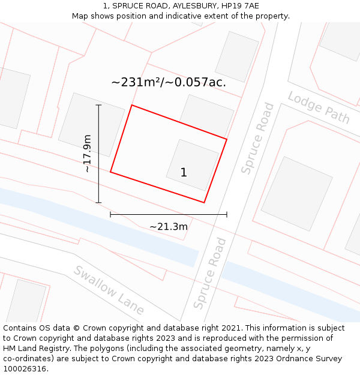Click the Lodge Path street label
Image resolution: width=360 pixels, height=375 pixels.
pyautogui.click(x=319, y=107)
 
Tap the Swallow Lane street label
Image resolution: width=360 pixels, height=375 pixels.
pyautogui.click(x=109, y=290)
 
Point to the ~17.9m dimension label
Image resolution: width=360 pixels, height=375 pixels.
pyautogui.click(x=87, y=154)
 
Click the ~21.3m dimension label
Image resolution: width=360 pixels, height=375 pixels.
pyautogui.click(x=169, y=226)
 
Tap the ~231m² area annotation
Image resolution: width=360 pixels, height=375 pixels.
pyautogui.click(x=169, y=82)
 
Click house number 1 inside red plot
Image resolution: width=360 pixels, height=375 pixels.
pyautogui.click(x=184, y=173)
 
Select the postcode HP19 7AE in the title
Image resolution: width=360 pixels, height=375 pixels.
pyautogui.click(x=240, y=5)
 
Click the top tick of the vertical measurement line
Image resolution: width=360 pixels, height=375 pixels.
pyautogui.click(x=98, y=105)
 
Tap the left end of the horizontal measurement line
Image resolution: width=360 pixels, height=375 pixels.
pyautogui.click(x=110, y=214)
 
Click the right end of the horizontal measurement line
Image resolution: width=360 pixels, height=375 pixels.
pyautogui.click(x=227, y=214)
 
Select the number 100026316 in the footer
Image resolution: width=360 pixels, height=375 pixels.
pyautogui.click(x=25, y=368)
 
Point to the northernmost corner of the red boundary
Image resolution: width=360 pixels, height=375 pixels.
pyautogui.click(x=132, y=106)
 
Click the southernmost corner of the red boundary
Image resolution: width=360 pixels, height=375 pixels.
pyautogui.click(x=204, y=202)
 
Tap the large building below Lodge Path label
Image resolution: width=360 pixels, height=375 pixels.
pyautogui.click(x=296, y=193)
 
